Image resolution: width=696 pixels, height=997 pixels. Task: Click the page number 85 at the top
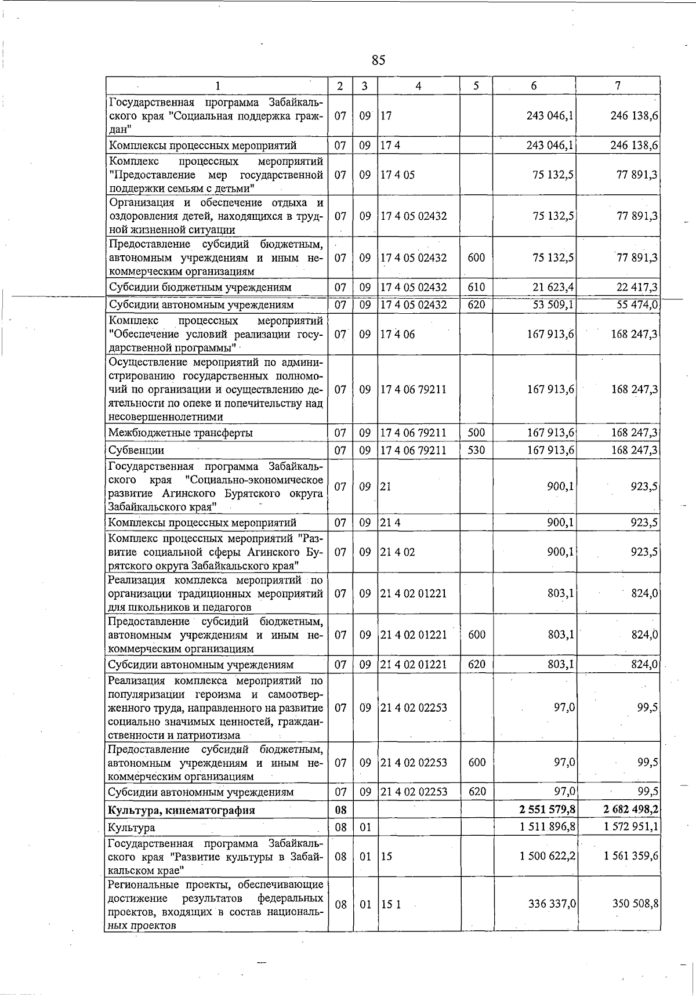click(x=378, y=60)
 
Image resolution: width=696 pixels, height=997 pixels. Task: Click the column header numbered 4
click(x=418, y=86)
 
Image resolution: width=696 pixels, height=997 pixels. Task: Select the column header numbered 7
click(x=618, y=86)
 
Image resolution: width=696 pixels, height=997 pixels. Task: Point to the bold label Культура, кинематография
click(x=181, y=810)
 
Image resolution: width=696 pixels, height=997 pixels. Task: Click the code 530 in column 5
click(x=476, y=449)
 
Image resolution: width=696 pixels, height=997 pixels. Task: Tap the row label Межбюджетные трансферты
click(x=180, y=433)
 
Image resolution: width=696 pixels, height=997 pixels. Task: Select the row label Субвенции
click(x=136, y=450)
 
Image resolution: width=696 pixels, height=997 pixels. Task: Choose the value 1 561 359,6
click(x=632, y=855)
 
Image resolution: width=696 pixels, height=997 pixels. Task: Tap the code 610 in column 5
click(x=476, y=287)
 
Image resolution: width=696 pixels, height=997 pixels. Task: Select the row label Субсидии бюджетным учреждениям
click(x=200, y=288)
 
